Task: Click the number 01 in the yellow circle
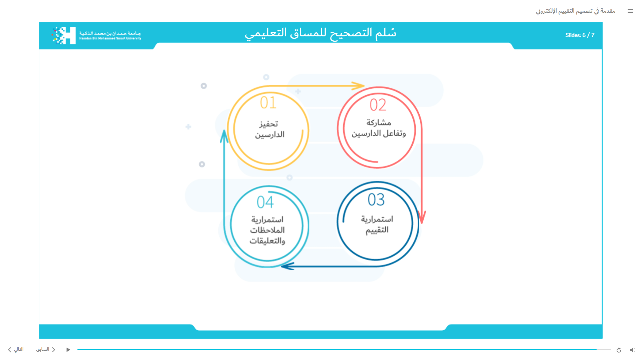268,102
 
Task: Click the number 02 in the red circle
378,105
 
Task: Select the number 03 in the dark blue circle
376,200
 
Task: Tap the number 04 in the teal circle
265,202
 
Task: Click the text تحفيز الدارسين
269,129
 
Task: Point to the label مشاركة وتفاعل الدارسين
379,128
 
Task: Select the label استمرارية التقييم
377,225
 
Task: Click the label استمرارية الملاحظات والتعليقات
267,230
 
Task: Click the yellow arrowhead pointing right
358,86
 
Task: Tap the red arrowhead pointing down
422,217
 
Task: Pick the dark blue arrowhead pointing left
287,266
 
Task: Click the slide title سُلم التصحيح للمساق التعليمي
320,33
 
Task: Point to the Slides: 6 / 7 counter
580,35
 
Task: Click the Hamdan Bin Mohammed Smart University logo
96,35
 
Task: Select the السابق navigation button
46,349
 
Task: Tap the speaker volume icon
632,350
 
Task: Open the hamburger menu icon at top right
630,11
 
